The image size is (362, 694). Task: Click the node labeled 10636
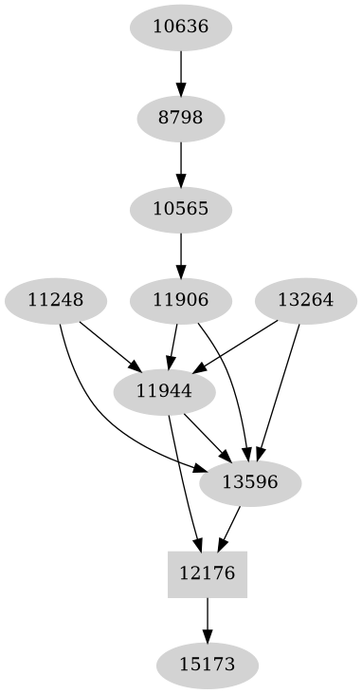click(x=180, y=27)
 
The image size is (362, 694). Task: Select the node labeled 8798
click(x=180, y=118)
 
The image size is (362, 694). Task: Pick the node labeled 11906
click(x=180, y=300)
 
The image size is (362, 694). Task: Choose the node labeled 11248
click(x=56, y=300)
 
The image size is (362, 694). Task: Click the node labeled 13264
click(x=305, y=300)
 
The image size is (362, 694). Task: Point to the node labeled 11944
click(x=164, y=391)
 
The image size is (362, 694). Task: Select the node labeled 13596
click(x=250, y=482)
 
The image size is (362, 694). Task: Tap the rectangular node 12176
click(x=208, y=573)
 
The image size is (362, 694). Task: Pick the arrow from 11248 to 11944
click(x=110, y=346)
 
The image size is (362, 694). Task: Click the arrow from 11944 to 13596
click(x=207, y=437)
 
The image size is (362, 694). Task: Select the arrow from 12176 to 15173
click(x=208, y=619)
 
